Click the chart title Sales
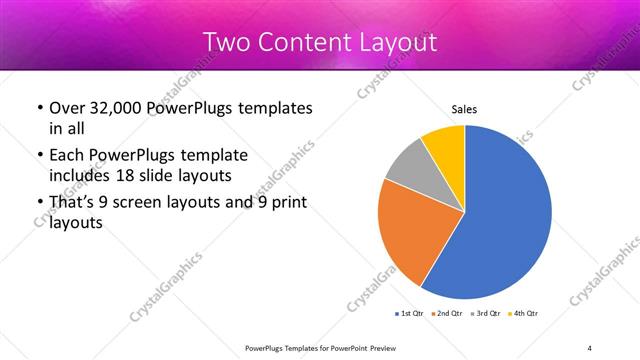point(463,109)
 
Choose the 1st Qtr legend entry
point(409,313)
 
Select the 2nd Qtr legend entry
point(447,313)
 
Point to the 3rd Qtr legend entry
point(485,313)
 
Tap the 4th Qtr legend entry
point(523,313)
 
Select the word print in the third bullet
point(286,204)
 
